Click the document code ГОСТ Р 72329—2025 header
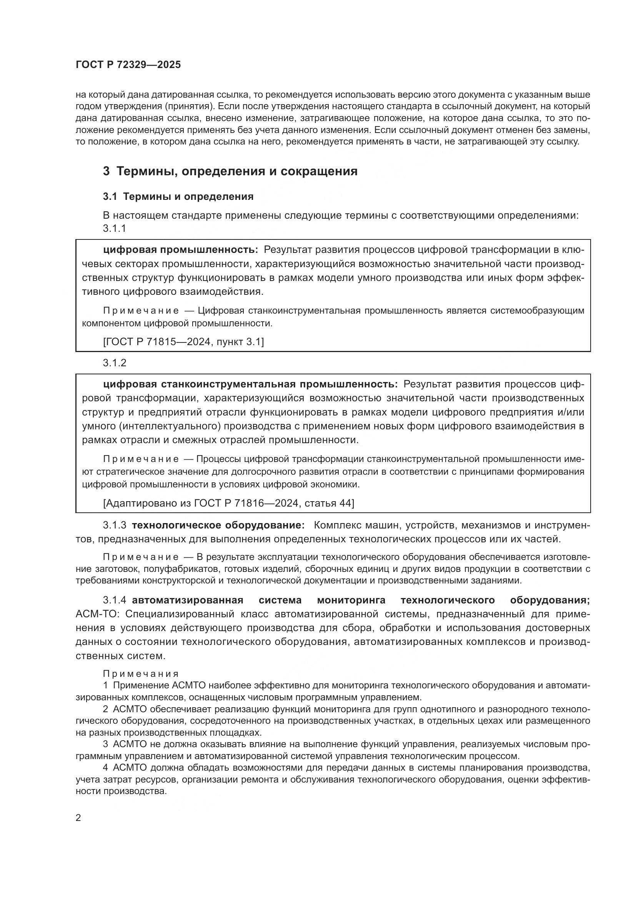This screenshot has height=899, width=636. [128, 65]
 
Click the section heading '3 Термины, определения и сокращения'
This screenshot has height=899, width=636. [230, 171]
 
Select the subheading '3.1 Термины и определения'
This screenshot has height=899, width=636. [178, 196]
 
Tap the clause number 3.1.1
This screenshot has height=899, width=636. [114, 228]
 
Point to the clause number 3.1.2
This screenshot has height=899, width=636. [114, 362]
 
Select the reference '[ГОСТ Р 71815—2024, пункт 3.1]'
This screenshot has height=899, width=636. [183, 342]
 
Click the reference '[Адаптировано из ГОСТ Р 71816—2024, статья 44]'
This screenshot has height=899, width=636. [228, 503]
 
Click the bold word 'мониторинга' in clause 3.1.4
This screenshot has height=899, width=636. [351, 600]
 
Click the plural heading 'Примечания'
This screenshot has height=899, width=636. [141, 674]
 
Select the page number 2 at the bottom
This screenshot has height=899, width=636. [78, 818]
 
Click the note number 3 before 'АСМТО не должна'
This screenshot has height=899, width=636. [105, 744]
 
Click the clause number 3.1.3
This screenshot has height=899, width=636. [114, 525]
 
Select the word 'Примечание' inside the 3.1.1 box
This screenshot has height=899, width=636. [141, 311]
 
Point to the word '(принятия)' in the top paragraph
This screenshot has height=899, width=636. [188, 106]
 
